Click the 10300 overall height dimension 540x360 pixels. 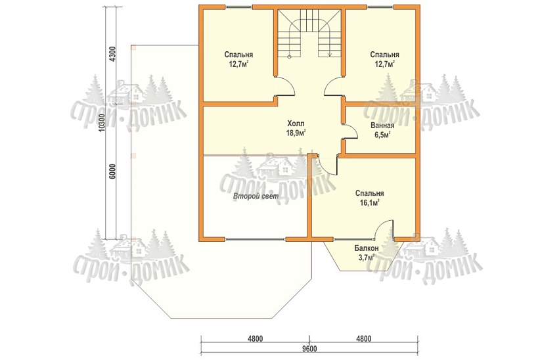pyautogui.click(x=101, y=122)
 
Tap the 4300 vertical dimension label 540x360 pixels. pyautogui.click(x=112, y=53)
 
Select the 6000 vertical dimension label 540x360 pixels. pyautogui.click(x=112, y=171)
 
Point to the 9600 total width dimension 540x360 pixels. pyautogui.click(x=310, y=349)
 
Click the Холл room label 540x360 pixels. pyautogui.click(x=296, y=124)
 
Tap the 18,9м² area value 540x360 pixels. pyautogui.click(x=296, y=133)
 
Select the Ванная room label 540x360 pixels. pyautogui.click(x=382, y=125)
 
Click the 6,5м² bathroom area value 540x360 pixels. pyautogui.click(x=382, y=135)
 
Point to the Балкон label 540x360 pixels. pyautogui.click(x=367, y=248)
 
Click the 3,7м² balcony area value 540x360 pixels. pyautogui.click(x=367, y=258)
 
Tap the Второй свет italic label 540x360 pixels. pyautogui.click(x=256, y=196)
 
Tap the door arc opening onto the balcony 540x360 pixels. pyautogui.click(x=384, y=229)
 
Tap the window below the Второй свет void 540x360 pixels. pyautogui.click(x=256, y=238)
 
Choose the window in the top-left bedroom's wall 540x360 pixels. pyautogui.click(x=238, y=7)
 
